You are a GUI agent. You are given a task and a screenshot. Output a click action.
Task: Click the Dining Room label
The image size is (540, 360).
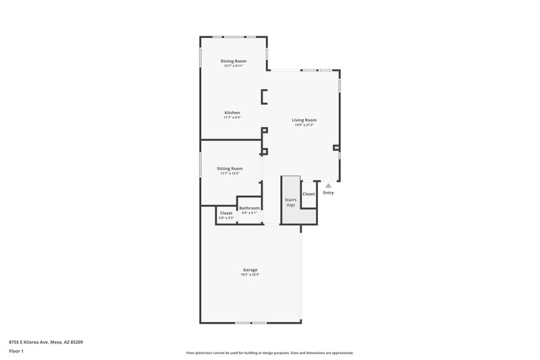click(233, 61)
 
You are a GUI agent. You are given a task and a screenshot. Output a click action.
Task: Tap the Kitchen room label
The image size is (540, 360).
click(232, 113)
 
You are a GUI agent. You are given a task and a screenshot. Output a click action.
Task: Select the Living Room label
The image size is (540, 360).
click(304, 120)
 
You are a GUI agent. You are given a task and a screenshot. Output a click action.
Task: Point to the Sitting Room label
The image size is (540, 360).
click(230, 168)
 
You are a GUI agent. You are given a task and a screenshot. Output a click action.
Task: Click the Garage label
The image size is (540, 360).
click(250, 270)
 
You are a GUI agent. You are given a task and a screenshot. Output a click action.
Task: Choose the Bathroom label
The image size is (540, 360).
click(249, 208)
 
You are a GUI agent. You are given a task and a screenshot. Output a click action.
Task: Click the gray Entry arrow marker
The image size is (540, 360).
click(328, 185)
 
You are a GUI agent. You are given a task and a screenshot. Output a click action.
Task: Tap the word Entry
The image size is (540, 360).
click(328, 192)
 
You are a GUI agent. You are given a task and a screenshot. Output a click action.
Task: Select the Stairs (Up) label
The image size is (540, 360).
click(291, 202)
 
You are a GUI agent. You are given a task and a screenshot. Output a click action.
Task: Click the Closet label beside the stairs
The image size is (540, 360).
click(308, 194)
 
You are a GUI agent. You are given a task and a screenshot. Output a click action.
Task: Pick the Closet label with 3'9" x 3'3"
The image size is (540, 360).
click(226, 213)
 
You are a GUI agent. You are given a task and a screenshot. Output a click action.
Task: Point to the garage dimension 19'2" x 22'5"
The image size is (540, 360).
click(250, 275)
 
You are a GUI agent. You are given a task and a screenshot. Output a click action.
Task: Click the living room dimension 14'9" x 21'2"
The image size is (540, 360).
click(304, 125)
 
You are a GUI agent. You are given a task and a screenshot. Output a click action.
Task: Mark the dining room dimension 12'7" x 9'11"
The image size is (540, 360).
click(233, 66)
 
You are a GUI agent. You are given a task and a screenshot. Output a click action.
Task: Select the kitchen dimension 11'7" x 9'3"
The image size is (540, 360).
click(232, 118)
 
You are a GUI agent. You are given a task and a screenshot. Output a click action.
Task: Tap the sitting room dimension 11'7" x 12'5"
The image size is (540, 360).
click(230, 174)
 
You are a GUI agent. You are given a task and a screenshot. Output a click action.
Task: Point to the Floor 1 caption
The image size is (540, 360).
click(16, 351)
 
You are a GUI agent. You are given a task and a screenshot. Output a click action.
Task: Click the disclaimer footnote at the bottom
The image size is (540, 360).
click(269, 353)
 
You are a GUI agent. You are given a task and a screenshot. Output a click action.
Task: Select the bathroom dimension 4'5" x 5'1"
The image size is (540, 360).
click(249, 213)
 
